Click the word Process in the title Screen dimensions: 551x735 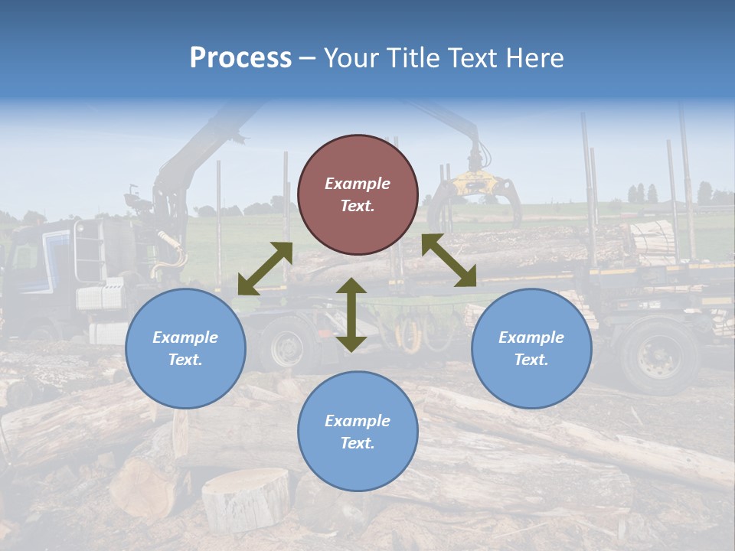(x=240, y=58)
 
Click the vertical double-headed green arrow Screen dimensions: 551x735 (x=351, y=315)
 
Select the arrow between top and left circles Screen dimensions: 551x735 (x=265, y=269)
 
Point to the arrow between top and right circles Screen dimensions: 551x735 (x=449, y=260)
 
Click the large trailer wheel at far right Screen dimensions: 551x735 (x=658, y=357)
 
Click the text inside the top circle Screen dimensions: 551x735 (x=358, y=194)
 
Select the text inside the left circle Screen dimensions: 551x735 (x=185, y=348)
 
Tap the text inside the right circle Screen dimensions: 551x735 (x=531, y=348)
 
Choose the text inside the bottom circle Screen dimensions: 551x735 (x=358, y=432)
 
